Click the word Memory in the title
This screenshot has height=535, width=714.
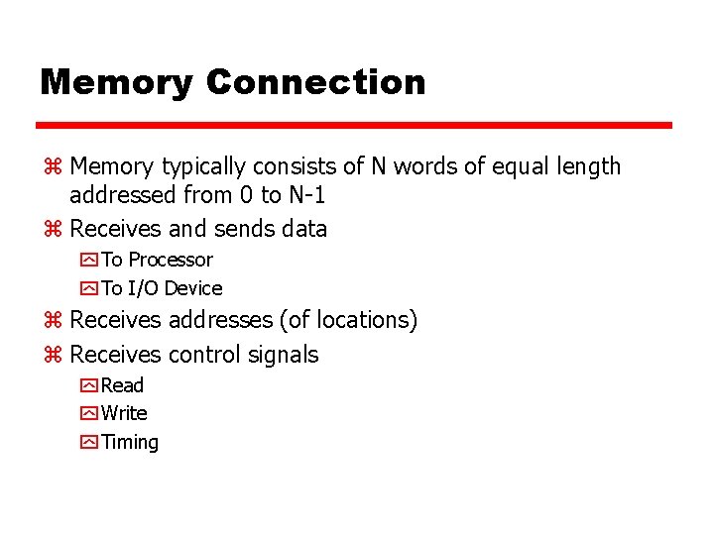point(116,81)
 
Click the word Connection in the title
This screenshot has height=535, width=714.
point(315,81)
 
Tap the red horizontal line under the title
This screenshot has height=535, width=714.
point(354,126)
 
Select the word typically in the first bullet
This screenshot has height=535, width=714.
point(204,166)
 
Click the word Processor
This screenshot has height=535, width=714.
point(171,260)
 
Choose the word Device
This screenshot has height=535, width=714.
point(193,288)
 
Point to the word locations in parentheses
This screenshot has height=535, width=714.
point(360,320)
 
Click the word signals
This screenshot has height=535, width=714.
point(284,355)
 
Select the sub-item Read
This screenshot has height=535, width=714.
point(122,385)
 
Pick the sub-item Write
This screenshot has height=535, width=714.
point(124,413)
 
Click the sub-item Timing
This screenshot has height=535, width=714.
point(130,442)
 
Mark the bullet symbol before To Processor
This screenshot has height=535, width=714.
point(88,261)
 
